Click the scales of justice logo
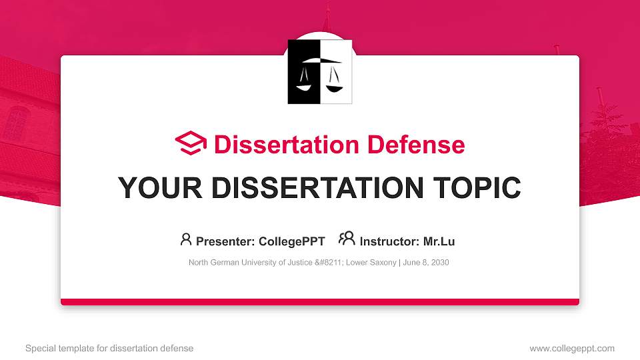click(320, 72)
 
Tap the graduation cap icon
click(191, 143)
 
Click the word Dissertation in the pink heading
click(279, 145)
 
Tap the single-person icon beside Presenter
click(186, 239)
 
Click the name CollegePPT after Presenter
click(292, 241)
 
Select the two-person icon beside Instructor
click(347, 239)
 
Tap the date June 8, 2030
click(426, 263)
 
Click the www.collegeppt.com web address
click(572, 349)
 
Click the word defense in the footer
click(178, 349)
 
